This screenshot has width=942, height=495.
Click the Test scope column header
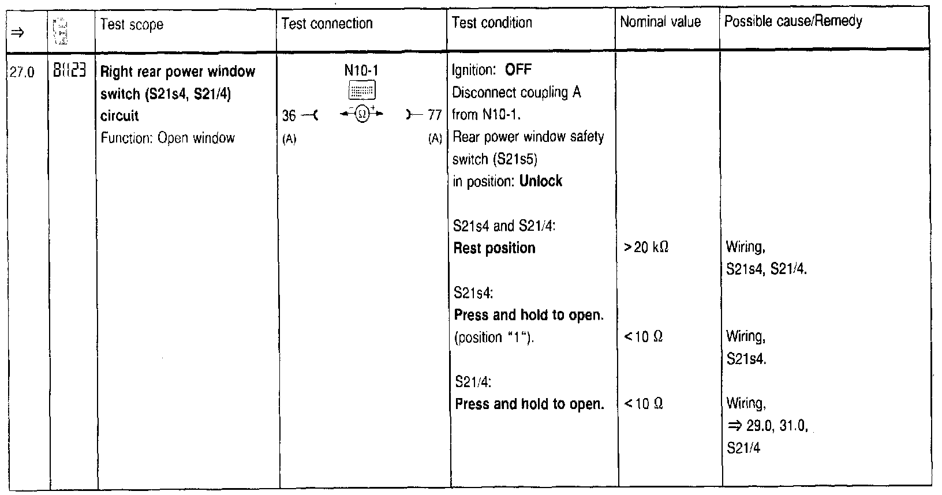click(x=132, y=24)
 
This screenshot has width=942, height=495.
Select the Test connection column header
click(x=327, y=24)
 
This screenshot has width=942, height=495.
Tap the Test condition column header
click(x=492, y=23)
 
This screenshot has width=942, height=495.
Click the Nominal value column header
click(x=660, y=22)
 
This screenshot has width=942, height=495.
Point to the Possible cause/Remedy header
click(x=793, y=22)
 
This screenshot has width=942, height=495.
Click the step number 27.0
click(x=23, y=73)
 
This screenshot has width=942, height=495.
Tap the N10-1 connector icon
click(x=362, y=90)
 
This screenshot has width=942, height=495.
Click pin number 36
click(x=289, y=116)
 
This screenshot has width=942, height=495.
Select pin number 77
click(x=435, y=115)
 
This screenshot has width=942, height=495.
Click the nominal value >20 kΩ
click(x=646, y=247)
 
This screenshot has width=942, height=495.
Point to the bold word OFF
click(x=518, y=70)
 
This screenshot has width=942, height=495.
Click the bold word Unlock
click(x=540, y=181)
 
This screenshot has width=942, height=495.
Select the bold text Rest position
click(x=495, y=248)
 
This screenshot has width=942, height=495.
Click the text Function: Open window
click(x=167, y=138)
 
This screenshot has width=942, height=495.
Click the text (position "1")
click(x=494, y=337)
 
